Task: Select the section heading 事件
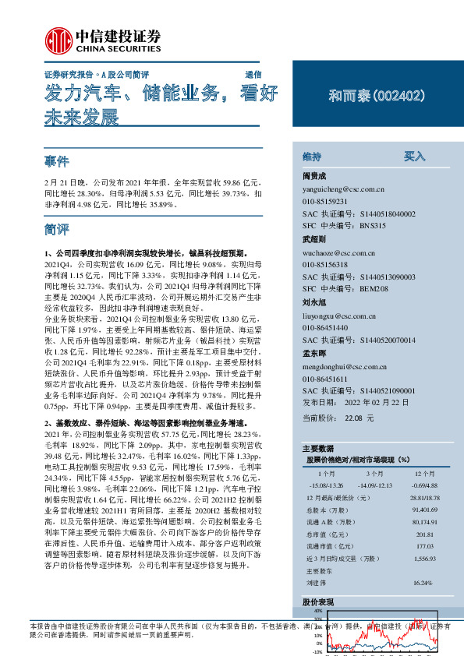coord(58,162)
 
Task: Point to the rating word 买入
coord(414,156)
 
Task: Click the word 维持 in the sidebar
coord(311,156)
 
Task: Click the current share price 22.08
coord(355,418)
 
